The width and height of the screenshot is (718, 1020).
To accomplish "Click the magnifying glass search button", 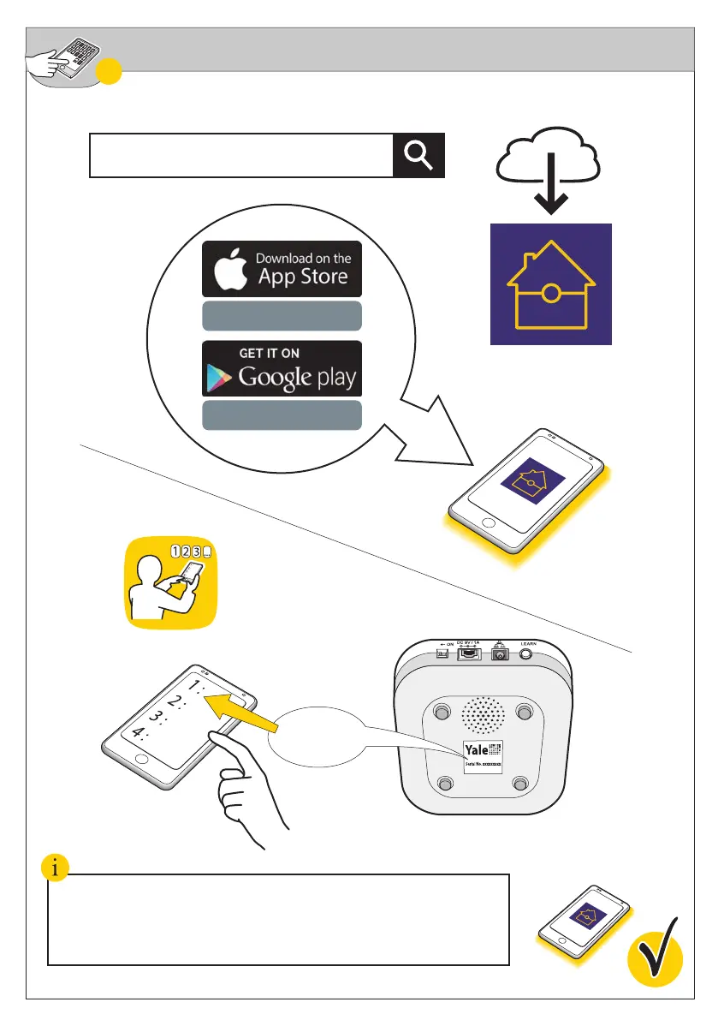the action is tap(418, 156).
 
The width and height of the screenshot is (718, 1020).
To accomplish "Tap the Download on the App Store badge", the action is tap(282, 269).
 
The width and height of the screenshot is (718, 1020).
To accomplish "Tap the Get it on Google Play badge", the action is tap(282, 368).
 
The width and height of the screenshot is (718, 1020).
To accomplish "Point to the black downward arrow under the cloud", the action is tap(550, 194).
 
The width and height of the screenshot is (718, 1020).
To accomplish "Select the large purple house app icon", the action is tap(550, 284).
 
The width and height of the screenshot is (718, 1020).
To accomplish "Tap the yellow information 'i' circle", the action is tap(56, 868).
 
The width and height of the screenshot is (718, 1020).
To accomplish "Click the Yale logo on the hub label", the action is tap(477, 749).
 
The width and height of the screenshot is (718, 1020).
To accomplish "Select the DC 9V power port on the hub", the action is tap(469, 653).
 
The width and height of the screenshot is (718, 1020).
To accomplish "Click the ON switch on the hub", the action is tap(442, 653).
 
